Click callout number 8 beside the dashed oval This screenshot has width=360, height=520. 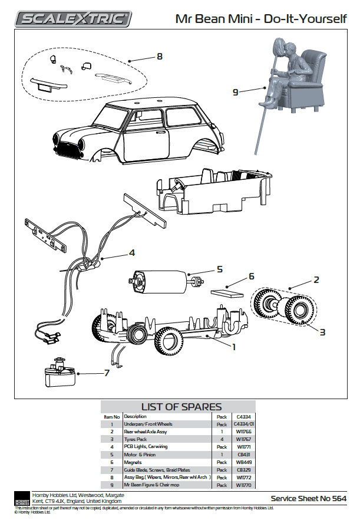pos(159,57)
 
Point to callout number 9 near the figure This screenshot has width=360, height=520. pos(235,91)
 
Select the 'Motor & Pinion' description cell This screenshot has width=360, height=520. pos(140,455)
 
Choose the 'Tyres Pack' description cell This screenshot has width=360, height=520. pos(135,439)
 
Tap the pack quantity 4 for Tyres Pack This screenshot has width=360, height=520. pos(222,439)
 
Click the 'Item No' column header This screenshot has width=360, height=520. pos(112,416)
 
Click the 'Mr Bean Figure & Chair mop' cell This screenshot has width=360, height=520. pos(153,485)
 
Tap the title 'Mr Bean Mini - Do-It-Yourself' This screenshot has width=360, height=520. pos(261,19)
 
